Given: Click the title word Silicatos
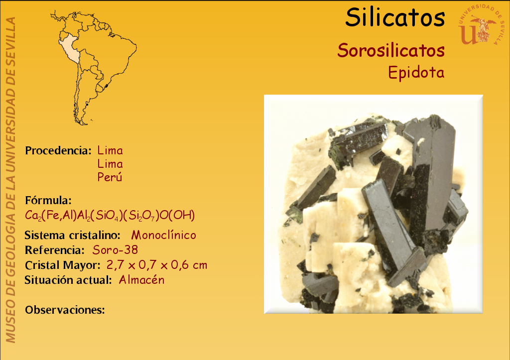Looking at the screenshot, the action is click(395, 17).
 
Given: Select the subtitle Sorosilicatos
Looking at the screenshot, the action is click(391, 50).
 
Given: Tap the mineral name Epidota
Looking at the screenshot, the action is click(416, 72).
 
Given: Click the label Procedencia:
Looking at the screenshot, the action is click(58, 150).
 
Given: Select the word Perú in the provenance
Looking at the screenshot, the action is click(110, 177).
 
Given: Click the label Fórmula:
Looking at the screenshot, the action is click(48, 200).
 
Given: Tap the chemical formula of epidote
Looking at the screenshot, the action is click(110, 215).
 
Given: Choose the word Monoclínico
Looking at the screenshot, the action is click(163, 235).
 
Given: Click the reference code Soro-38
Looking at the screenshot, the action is click(115, 250).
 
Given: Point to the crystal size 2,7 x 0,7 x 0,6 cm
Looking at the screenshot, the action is click(157, 265).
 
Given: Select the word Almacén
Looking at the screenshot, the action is click(141, 280).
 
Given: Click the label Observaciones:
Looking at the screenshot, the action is click(65, 310).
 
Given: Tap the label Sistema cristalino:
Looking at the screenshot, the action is click(73, 235).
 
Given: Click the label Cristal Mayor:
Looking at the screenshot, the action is click(63, 265).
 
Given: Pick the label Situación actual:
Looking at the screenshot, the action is click(68, 280).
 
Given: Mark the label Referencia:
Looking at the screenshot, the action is click(55, 250).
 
